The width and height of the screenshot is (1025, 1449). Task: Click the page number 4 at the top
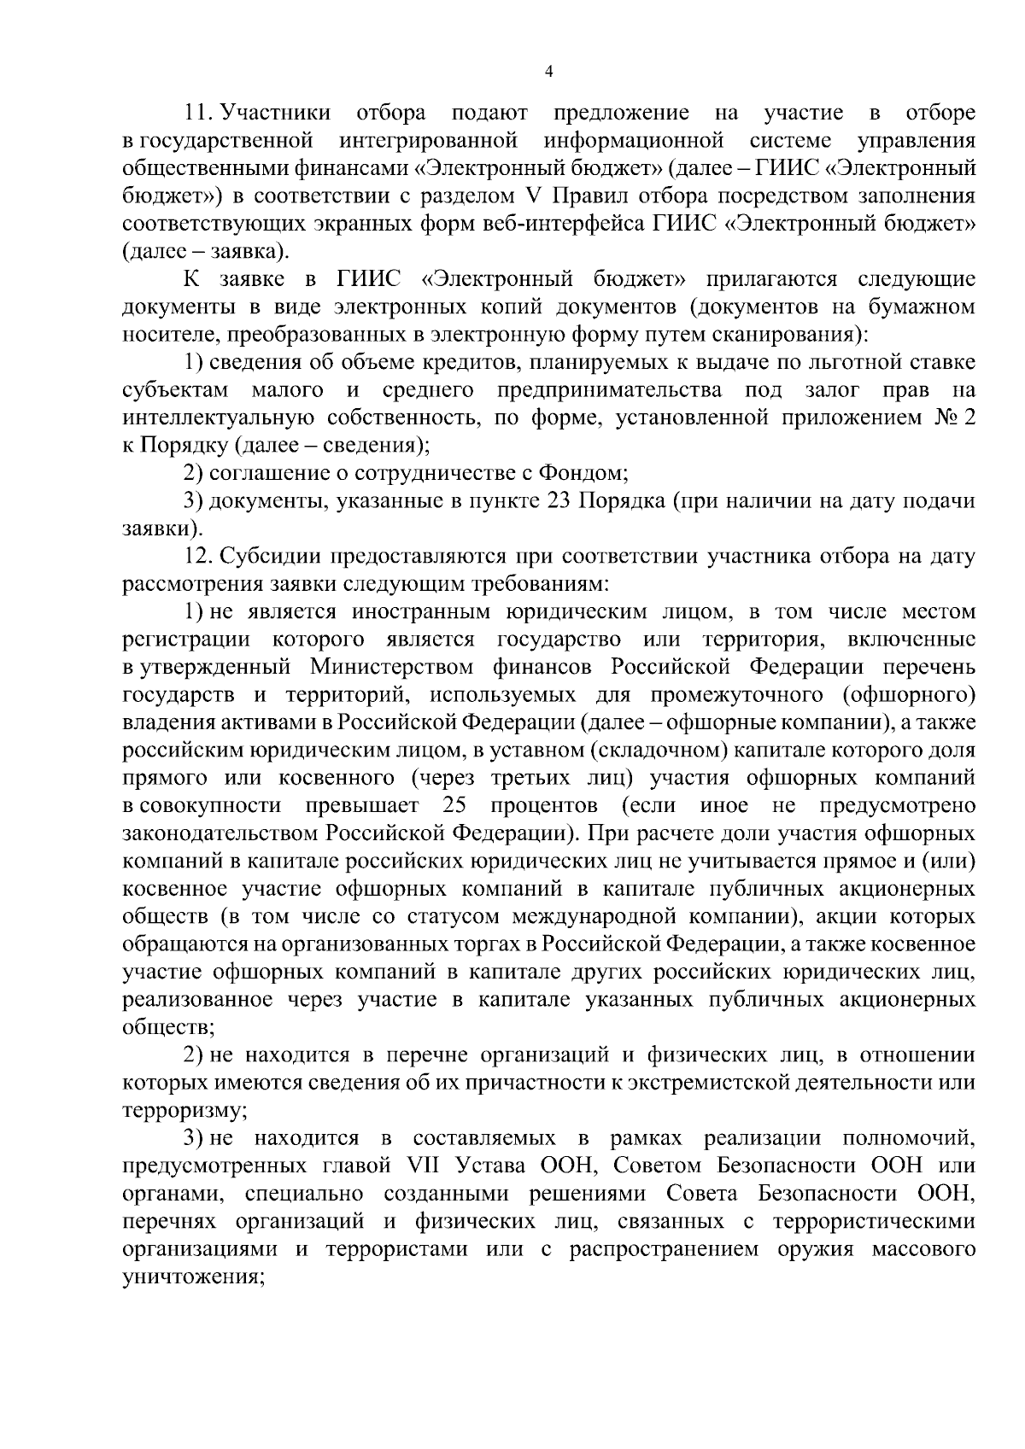pos(549,73)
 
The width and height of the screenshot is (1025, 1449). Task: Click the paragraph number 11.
pos(197,113)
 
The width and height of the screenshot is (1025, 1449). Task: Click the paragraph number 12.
pos(197,557)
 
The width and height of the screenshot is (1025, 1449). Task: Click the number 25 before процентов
pos(455,806)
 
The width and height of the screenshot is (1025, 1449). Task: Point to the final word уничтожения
pos(191,1278)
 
